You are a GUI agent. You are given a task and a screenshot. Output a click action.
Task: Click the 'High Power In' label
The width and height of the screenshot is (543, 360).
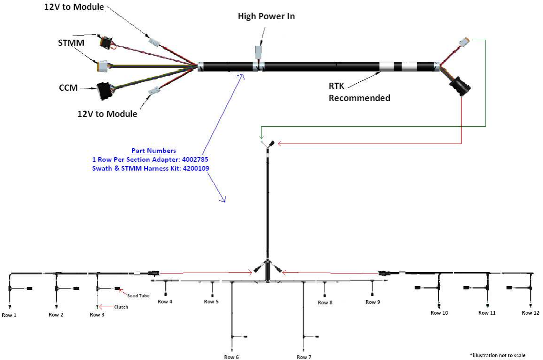[x=266, y=16]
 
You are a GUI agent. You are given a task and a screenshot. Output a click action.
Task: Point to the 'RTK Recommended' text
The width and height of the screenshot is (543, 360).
[x=359, y=92]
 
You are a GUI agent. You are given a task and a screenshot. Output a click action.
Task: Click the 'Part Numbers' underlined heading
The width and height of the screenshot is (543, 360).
[x=154, y=151]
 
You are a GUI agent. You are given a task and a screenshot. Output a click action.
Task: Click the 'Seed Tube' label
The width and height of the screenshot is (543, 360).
[x=135, y=295]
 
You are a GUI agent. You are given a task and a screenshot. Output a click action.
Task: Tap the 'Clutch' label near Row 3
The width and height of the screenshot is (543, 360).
[x=120, y=307]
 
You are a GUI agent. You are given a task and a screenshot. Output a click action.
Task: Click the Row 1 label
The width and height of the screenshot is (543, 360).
[x=9, y=315]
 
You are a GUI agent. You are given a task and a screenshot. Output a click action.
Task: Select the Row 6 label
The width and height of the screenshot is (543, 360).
[x=231, y=357]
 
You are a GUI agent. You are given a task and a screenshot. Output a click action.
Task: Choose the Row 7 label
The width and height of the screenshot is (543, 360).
[x=304, y=357]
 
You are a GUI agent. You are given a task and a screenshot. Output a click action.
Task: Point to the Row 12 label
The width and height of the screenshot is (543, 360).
[x=530, y=313]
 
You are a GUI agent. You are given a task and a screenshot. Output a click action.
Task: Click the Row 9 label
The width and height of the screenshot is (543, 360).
[x=372, y=302]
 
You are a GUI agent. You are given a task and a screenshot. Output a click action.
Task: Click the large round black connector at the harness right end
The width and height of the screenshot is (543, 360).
[x=460, y=87]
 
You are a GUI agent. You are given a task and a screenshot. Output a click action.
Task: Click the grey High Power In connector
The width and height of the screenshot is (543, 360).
[x=259, y=51]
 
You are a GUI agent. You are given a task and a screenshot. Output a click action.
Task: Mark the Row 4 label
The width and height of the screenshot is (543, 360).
[x=165, y=302]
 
